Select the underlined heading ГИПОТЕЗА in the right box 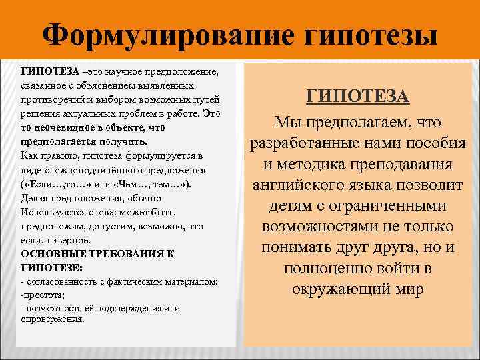358,97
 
